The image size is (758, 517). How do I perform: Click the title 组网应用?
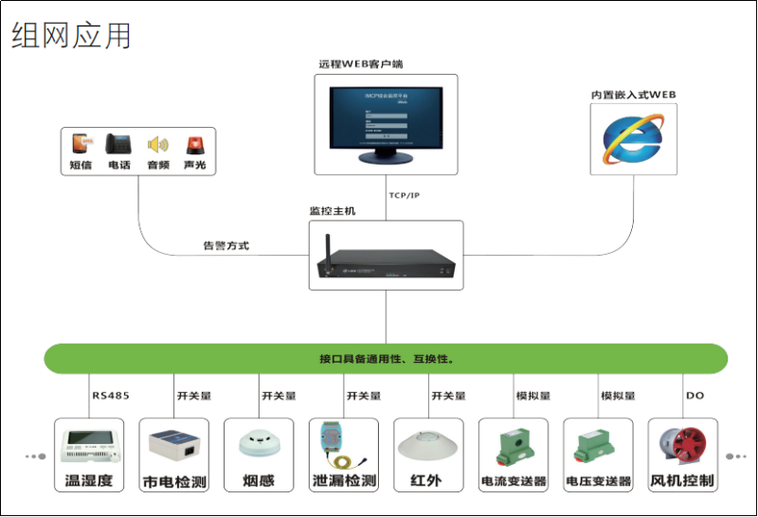pyautogui.click(x=72, y=35)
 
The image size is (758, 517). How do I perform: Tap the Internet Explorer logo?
pyautogui.click(x=633, y=138)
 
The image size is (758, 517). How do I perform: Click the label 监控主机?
pyautogui.click(x=333, y=210)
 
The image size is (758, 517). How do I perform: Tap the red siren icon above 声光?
pyautogui.click(x=194, y=145)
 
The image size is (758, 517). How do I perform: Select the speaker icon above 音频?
pyautogui.click(x=157, y=145)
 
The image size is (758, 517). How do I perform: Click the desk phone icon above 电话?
pyautogui.click(x=119, y=145)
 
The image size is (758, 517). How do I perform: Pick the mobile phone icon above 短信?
pyautogui.click(x=81, y=145)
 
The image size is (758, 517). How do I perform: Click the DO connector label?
pyautogui.click(x=694, y=396)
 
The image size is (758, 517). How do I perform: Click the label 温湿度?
pyautogui.click(x=89, y=481)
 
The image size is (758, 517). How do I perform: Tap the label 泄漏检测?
pyautogui.click(x=344, y=481)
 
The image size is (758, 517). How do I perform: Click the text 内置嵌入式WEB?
pyautogui.click(x=633, y=95)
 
